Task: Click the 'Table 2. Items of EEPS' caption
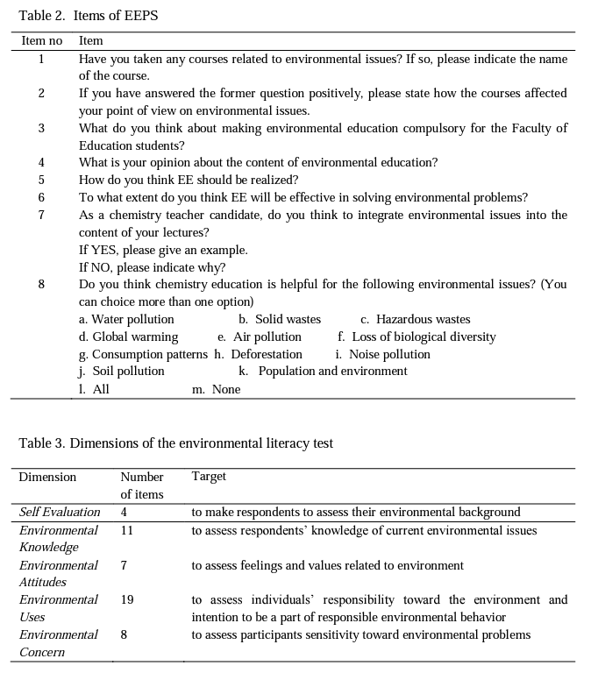click(x=88, y=16)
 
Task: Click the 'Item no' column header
click(x=41, y=40)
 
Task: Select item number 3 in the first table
click(x=41, y=128)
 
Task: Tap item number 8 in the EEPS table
click(x=41, y=284)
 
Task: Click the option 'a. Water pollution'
click(x=126, y=319)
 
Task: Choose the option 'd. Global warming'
click(x=128, y=336)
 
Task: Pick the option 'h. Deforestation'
click(x=258, y=354)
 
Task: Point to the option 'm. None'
click(x=216, y=389)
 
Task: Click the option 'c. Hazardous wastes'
click(x=415, y=319)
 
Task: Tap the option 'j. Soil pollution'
click(x=122, y=371)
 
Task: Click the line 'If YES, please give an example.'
click(x=163, y=250)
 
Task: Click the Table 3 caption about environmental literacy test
click(x=175, y=443)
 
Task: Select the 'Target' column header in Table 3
click(x=209, y=476)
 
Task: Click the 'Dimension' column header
click(x=47, y=477)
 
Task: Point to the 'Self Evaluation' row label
click(x=60, y=512)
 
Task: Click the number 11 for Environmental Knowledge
click(x=127, y=530)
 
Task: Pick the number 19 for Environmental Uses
click(x=127, y=599)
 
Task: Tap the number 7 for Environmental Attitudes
click(x=124, y=565)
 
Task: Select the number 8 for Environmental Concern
click(x=124, y=634)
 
